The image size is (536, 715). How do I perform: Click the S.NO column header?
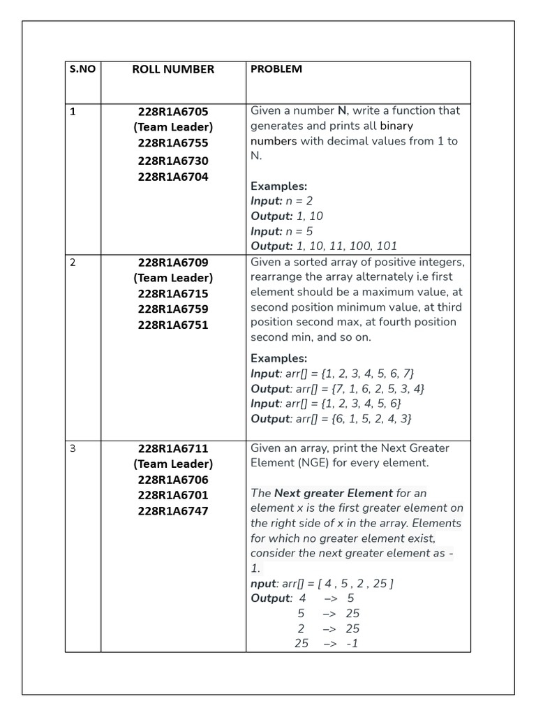pyautogui.click(x=82, y=69)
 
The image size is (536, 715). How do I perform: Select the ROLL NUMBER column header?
pyautogui.click(x=173, y=69)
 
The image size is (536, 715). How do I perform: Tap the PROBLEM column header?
pyautogui.click(x=276, y=68)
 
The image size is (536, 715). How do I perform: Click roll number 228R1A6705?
pyautogui.click(x=173, y=111)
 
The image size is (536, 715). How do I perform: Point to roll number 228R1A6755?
pyautogui.click(x=173, y=143)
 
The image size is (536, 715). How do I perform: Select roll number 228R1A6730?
pyautogui.click(x=173, y=161)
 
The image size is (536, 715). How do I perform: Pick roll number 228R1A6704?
pyautogui.click(x=173, y=177)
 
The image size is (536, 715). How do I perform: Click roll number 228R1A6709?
pyautogui.click(x=173, y=263)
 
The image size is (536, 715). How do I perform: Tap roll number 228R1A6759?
pyautogui.click(x=173, y=309)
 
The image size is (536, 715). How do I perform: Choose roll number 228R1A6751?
pyautogui.click(x=173, y=325)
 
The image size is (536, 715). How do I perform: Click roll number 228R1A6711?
pyautogui.click(x=173, y=448)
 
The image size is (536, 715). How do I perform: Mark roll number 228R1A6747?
pyautogui.click(x=173, y=510)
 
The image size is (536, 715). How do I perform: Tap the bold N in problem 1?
pyautogui.click(x=342, y=111)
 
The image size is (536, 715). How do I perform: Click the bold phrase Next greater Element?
pyautogui.click(x=334, y=493)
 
